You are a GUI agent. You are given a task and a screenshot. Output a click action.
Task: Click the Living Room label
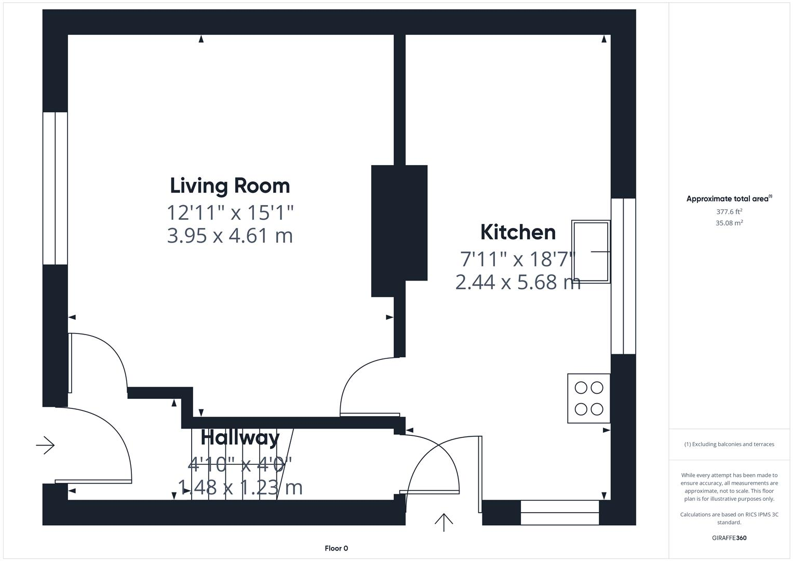coord(230,186)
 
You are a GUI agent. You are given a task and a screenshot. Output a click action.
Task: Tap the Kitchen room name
coord(518,232)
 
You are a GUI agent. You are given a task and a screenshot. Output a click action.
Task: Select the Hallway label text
coord(240,437)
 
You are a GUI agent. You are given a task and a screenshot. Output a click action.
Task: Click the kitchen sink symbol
coord(590,251)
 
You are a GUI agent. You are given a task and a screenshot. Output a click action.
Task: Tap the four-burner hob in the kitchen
coord(588,398)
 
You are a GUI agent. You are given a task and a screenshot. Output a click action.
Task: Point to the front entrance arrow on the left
coord(45,445)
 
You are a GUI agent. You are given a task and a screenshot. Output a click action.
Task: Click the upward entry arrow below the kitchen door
coord(443,522)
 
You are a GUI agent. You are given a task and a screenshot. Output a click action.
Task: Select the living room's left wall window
coord(55,188)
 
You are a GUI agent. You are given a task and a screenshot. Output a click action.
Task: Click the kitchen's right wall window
coord(623,276)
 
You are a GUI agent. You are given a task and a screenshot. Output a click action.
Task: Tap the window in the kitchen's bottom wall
coord(559,512)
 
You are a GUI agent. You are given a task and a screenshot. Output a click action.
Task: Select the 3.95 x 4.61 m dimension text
coord(230,236)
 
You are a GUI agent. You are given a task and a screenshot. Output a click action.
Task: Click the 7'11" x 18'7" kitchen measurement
coord(518,259)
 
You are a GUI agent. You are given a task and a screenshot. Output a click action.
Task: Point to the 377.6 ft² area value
coord(729,212)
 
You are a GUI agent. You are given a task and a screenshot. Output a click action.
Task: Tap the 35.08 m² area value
coord(729,223)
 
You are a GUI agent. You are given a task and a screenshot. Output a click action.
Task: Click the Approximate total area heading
coord(729,199)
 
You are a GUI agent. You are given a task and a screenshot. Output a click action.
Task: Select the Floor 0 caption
coord(336,548)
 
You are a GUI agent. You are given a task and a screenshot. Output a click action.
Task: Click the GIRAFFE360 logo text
coord(729,538)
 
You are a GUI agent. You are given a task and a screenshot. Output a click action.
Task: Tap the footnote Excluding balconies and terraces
coord(729,444)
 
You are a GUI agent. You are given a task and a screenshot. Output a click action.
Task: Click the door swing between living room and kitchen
coord(364,387)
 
